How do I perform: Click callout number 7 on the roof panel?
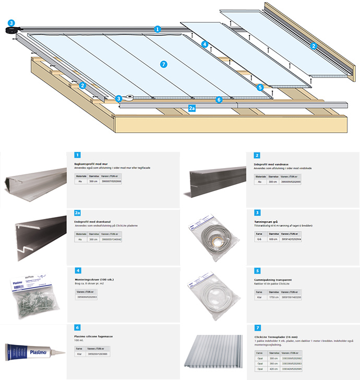164,64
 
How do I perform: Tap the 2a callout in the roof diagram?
191,109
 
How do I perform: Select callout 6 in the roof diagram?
219,99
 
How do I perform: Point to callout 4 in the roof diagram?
206,45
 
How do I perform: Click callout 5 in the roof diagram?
260,88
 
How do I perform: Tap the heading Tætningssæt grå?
268,220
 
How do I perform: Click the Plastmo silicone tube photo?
32,351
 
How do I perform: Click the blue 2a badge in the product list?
78,213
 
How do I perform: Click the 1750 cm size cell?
273,297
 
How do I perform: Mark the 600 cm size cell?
273,239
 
